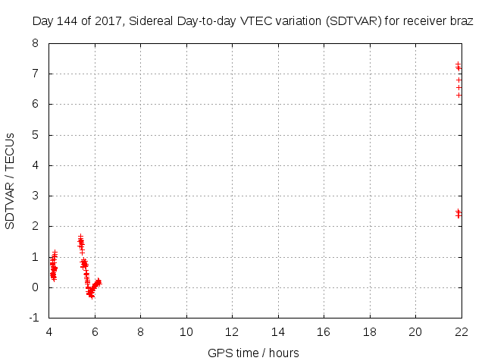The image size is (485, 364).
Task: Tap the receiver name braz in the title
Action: [462, 22]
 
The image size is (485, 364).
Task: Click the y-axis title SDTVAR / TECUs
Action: [11, 180]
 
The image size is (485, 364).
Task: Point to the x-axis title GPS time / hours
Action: [253, 353]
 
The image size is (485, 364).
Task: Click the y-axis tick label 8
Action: [35, 43]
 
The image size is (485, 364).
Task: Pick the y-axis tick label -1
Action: [33, 318]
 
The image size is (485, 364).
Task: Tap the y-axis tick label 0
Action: [35, 287]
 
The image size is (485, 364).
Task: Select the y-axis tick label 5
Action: [35, 135]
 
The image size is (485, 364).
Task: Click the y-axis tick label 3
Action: [35, 196]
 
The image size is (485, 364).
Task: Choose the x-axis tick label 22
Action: [461, 332]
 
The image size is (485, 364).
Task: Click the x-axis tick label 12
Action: [232, 332]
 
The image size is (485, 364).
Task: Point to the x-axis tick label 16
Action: [324, 332]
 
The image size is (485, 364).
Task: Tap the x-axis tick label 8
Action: [141, 332]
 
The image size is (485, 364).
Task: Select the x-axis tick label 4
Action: [49, 332]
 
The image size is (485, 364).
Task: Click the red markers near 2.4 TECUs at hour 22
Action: [458, 214]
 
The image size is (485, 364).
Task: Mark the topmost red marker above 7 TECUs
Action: [458, 64]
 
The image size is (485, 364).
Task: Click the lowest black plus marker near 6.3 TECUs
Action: [458, 95]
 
